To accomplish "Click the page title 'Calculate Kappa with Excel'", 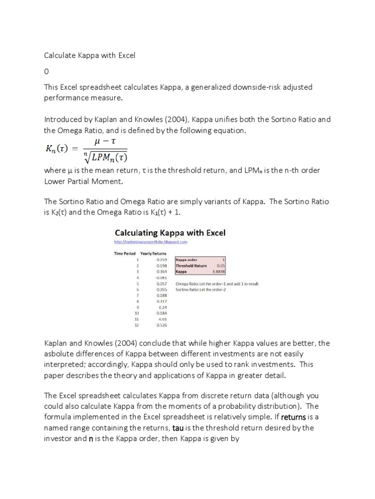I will tap(89, 56).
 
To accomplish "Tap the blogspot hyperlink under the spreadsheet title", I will tap(150, 242).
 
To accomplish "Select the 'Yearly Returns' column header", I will tap(153, 253).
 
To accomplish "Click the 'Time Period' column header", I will tap(125, 253).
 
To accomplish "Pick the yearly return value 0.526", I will tap(162, 325).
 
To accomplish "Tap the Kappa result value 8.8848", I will tap(217, 271).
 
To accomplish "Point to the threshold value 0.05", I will tap(220, 266).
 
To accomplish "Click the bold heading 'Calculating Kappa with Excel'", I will tap(169, 232).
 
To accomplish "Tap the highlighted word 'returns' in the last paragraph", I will tap(293, 417).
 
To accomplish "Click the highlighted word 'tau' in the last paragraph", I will tap(177, 428).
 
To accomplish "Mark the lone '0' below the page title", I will tap(47, 71).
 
